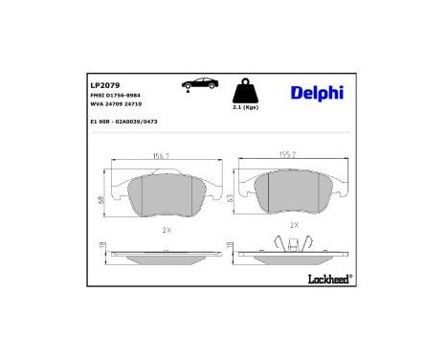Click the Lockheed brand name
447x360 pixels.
(326, 279)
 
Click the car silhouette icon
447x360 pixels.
(197, 85)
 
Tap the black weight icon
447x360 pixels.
(246, 92)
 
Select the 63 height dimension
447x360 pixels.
(231, 198)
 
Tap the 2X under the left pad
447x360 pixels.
(166, 230)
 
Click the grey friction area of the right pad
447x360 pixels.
(292, 194)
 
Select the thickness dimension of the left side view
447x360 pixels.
(102, 251)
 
